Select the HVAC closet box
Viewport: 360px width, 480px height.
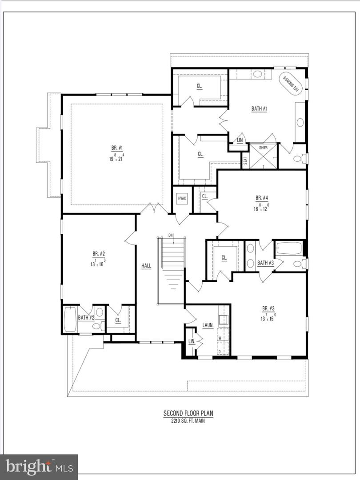point(182,198)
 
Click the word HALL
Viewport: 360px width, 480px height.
point(146,266)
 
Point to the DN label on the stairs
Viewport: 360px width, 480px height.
point(170,235)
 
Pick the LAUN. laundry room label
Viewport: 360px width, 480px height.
point(208,325)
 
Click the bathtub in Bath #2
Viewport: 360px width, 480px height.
point(70,319)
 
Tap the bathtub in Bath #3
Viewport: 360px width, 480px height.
point(289,248)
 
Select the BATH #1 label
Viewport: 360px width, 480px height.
point(259,108)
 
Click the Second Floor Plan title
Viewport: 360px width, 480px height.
point(188,413)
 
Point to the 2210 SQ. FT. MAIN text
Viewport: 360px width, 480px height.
point(188,420)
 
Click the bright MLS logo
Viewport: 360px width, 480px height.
point(39,467)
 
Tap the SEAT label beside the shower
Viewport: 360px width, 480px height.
point(245,160)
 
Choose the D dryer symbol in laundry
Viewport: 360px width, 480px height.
point(219,352)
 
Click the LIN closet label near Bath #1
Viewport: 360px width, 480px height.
point(240,140)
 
